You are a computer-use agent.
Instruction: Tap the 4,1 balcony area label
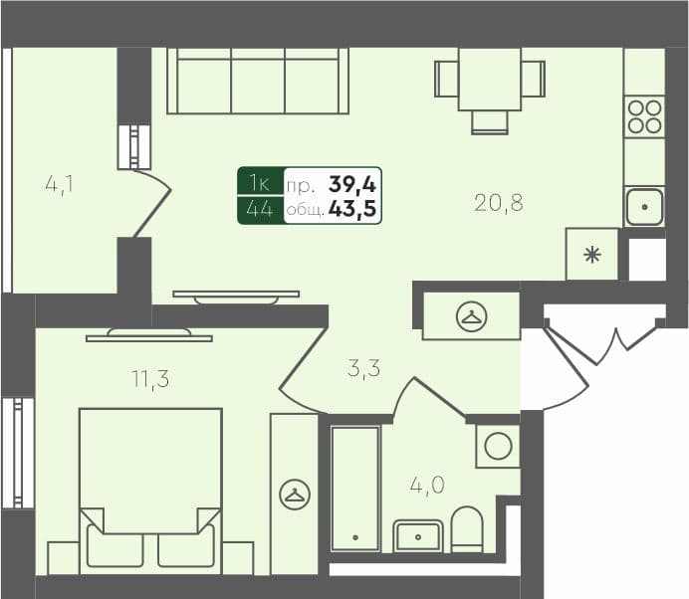[x=61, y=184]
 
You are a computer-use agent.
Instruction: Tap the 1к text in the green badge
[x=260, y=183]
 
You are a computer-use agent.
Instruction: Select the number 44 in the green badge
[x=260, y=210]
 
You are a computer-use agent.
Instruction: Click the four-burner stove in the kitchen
[x=644, y=117]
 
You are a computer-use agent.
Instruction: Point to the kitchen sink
[x=644, y=207]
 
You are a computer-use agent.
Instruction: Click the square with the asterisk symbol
[x=591, y=255]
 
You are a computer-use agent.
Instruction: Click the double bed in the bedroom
[x=150, y=488]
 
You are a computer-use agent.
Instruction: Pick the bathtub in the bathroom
[x=355, y=488]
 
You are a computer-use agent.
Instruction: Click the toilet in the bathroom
[x=466, y=529]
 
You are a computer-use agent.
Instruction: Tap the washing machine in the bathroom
[x=497, y=446]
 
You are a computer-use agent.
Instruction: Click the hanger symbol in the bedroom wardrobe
[x=295, y=494]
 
